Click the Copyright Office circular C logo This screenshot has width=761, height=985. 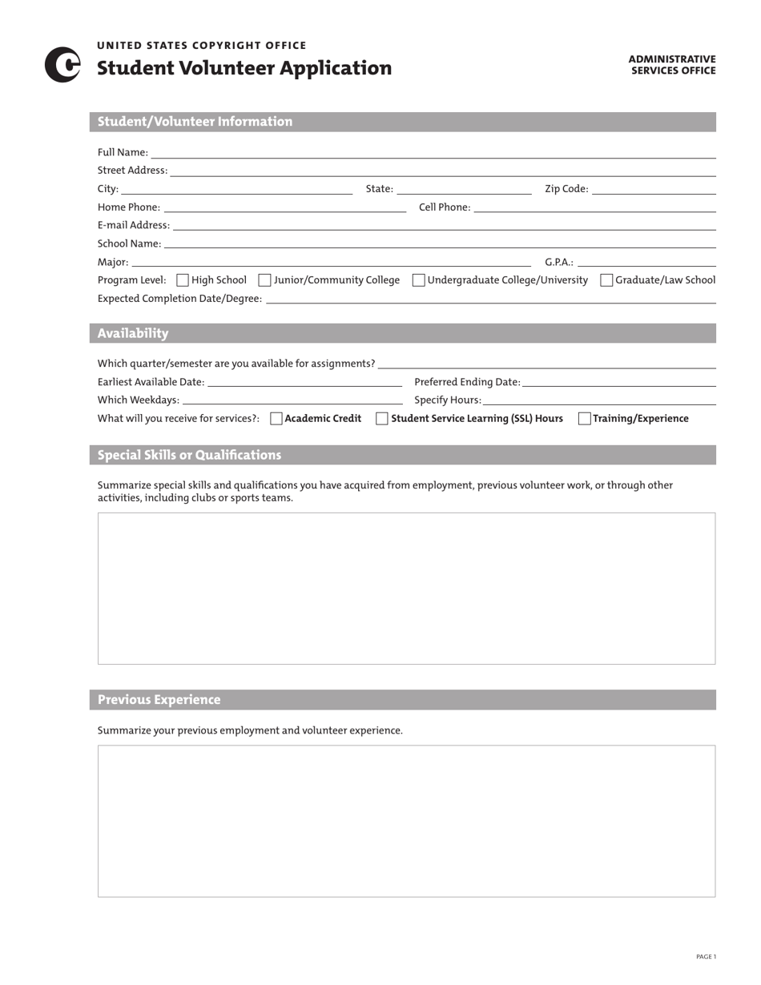click(62, 65)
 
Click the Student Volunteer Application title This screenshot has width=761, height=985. click(244, 68)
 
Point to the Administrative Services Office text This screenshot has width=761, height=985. click(671, 65)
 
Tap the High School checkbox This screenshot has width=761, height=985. click(183, 280)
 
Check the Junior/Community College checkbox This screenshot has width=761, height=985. click(265, 280)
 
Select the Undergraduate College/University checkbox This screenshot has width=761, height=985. click(419, 280)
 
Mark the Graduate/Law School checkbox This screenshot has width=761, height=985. click(606, 280)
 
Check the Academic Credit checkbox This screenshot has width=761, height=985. click(276, 418)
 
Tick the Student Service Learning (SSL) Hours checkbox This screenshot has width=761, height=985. click(382, 418)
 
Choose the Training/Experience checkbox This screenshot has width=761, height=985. click(585, 418)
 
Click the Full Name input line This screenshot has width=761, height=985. click(433, 153)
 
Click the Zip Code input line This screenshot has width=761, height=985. click(654, 189)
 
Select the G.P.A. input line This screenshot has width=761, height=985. click(646, 262)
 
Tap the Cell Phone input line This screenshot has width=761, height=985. click(594, 207)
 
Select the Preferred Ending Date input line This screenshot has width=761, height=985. click(618, 382)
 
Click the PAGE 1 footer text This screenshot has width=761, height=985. click(706, 956)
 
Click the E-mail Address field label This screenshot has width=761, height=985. click(134, 226)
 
